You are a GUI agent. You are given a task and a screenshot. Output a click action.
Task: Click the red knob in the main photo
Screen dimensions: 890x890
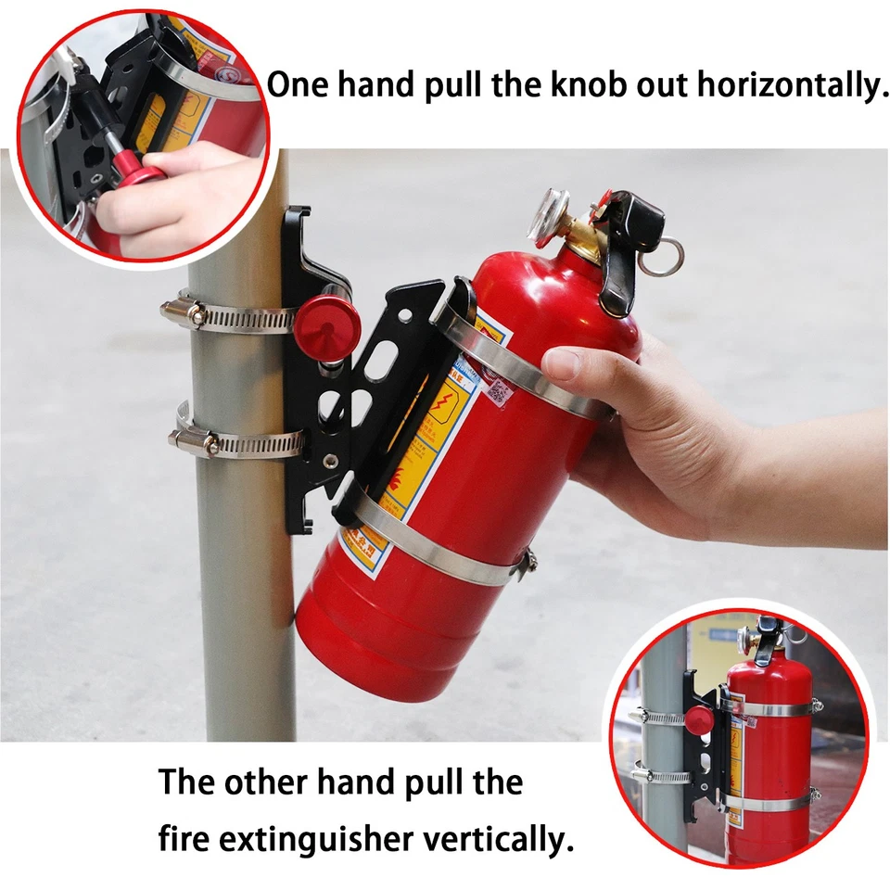[x=327, y=319]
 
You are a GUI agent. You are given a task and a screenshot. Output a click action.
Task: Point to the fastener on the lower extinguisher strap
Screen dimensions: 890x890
[x=528, y=560]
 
